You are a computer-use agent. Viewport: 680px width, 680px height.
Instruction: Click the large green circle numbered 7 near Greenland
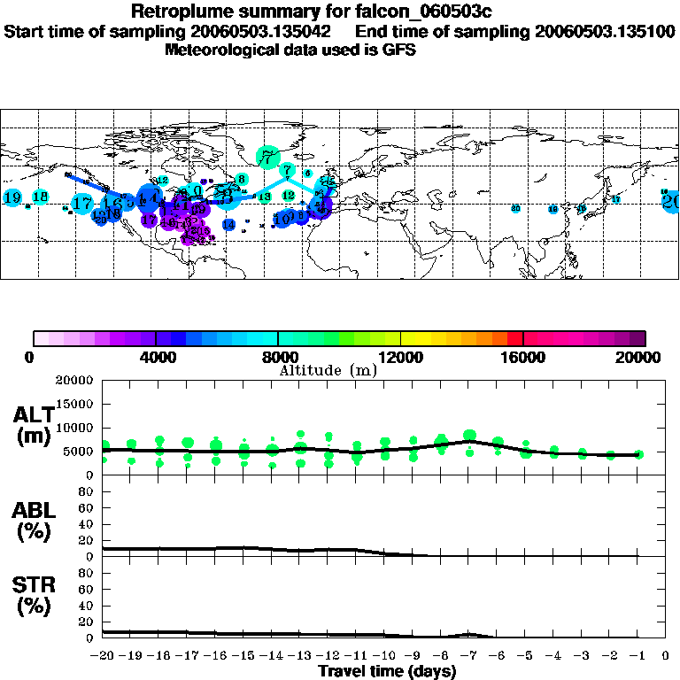pos(267,158)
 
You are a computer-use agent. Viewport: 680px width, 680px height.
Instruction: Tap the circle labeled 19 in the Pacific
pos(12,198)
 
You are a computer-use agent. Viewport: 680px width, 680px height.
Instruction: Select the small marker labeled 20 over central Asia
pos(515,209)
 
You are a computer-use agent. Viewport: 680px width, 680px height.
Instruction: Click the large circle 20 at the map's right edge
pos(671,201)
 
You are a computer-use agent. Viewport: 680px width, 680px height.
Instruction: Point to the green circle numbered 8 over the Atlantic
pos(241,180)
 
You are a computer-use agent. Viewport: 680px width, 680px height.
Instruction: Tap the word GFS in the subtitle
pos(399,50)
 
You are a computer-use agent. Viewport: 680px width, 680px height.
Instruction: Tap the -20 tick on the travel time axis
pos(103,656)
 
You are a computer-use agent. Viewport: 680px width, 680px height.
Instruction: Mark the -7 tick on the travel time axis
pos(468,656)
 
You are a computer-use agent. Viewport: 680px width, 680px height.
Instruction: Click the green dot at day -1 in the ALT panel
pos(638,454)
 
